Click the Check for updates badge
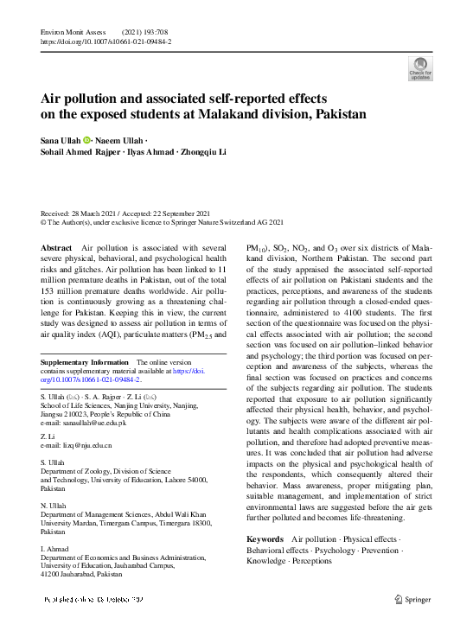click(x=420, y=68)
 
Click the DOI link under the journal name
click(x=106, y=41)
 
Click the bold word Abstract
click(x=56, y=248)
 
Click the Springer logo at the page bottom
click(x=412, y=599)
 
